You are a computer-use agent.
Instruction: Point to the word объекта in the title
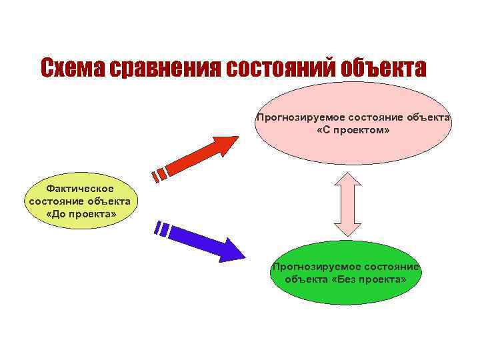click(383, 68)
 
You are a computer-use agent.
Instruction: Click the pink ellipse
click(353, 143)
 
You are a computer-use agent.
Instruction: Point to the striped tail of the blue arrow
click(162, 230)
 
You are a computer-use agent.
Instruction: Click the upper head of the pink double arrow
click(347, 177)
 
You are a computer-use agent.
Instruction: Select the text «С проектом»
click(353, 129)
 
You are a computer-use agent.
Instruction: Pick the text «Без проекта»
click(371, 279)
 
